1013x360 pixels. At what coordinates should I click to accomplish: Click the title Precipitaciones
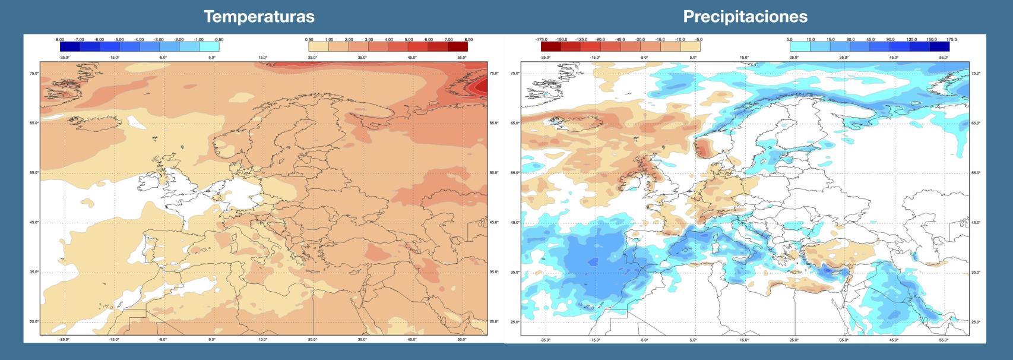(745, 17)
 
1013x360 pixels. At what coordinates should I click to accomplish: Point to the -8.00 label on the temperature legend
(59, 39)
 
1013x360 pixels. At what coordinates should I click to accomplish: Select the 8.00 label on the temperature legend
(468, 39)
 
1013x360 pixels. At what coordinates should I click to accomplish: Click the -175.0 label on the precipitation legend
(541, 39)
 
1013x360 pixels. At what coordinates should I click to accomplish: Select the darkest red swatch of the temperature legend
(458, 46)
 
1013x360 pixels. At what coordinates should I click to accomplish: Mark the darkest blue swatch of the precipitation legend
(939, 46)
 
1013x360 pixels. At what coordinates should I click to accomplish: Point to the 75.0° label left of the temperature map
(34, 73)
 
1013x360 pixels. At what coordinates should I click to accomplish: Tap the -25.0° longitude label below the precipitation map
(545, 339)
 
